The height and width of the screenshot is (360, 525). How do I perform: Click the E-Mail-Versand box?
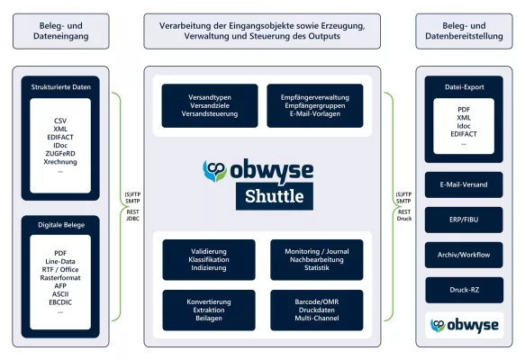pos(464,184)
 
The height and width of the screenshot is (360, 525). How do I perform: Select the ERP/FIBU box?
pos(464,220)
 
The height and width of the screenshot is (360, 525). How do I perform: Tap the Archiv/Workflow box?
pos(464,255)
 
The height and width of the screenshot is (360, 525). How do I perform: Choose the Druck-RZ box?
pos(464,290)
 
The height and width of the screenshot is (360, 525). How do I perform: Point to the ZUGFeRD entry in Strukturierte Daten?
pos(60,152)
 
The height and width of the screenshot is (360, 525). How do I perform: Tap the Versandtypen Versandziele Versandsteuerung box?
pos(209,105)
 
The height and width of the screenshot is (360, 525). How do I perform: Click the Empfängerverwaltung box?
pos(315,105)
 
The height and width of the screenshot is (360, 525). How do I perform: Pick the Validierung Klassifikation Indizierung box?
pos(209,259)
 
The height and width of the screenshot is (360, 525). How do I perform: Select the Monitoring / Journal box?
pos(316,259)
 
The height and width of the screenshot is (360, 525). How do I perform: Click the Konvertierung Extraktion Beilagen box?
pos(209,310)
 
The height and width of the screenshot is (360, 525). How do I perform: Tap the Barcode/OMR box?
pos(316,310)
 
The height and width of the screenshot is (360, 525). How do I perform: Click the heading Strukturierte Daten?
pos(60,87)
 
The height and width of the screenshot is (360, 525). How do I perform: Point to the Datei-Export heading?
pos(464,87)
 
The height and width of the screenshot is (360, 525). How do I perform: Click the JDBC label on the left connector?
pos(132,218)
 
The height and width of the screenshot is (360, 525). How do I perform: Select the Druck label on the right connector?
pos(403,218)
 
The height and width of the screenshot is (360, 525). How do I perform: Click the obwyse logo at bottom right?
pos(464,325)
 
